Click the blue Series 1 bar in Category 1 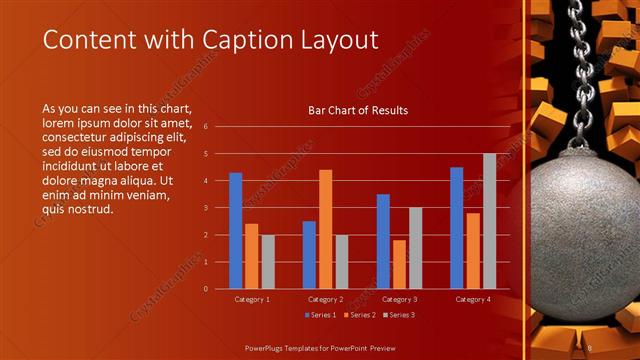click(x=236, y=231)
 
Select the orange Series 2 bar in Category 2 click(x=325, y=229)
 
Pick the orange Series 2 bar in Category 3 click(x=399, y=264)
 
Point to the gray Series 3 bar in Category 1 click(x=268, y=262)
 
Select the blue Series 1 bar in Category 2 click(x=309, y=255)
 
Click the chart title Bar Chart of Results click(x=358, y=110)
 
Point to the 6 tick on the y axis click(x=205, y=127)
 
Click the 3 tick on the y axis click(x=205, y=208)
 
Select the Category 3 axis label click(x=399, y=299)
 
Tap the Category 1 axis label click(x=252, y=299)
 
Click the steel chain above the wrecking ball click(x=577, y=70)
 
